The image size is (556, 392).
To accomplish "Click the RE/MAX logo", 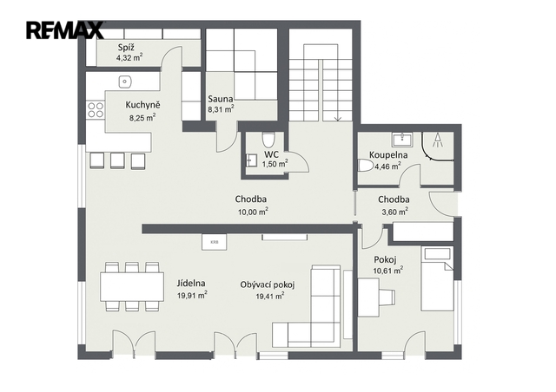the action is [65, 30].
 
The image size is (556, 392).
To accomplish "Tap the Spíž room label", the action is [126, 48].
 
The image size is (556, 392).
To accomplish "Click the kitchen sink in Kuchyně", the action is [124, 82].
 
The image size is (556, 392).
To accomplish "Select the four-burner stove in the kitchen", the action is [96, 110].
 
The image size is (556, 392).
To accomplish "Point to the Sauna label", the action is [221, 99].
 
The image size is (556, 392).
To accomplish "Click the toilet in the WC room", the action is [268, 140].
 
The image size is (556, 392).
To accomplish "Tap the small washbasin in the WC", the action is [251, 160].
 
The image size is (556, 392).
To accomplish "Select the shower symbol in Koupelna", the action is [438, 140].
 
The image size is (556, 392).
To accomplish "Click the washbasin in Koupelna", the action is [402, 139].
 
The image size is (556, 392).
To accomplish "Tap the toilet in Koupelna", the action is [365, 166].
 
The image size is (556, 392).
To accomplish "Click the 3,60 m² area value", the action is [394, 212].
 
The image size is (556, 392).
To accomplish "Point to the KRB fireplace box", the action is [215, 242].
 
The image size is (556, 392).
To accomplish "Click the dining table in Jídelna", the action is [132, 286].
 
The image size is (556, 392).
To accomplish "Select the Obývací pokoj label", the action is [268, 284].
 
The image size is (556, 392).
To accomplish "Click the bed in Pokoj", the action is [437, 278].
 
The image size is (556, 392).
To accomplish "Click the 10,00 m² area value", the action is [253, 212].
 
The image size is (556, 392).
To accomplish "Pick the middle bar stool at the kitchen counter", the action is [117, 160].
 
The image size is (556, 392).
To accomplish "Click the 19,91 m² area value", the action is [192, 296].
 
